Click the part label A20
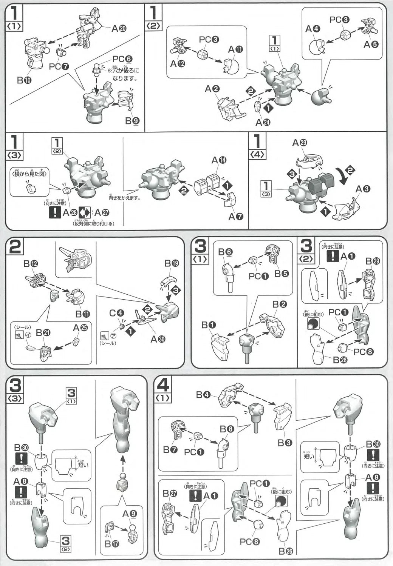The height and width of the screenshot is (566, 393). (119, 29)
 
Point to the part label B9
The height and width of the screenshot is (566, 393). (133, 122)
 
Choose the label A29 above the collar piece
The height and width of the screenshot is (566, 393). (300, 143)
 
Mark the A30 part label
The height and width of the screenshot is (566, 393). (158, 339)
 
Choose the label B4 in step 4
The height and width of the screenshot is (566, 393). (203, 395)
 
